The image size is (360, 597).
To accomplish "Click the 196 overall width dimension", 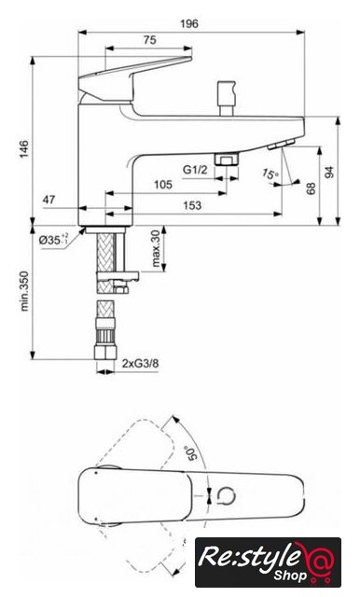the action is point(189,23).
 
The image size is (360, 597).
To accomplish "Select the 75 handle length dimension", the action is point(150,39).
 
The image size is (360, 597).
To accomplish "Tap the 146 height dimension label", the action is point(24,149).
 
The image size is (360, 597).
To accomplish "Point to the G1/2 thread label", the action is point(195,170).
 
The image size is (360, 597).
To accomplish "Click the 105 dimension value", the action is point(163,185).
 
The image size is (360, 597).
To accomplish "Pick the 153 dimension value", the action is point(192,205).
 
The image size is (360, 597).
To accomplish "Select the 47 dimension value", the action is point(48,200).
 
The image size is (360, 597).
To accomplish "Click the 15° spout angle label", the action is point(270,174).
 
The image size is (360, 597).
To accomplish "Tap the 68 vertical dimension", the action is point(312,188).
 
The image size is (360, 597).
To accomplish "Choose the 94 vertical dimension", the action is point(329,172).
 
